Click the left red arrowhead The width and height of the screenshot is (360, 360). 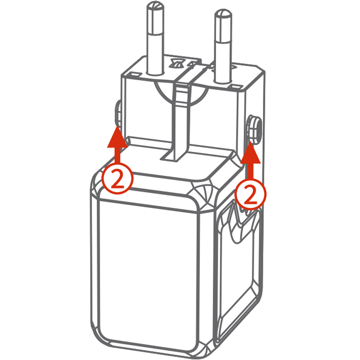pyautogui.click(x=117, y=137)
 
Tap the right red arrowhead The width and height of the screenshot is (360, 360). pyautogui.click(x=250, y=152)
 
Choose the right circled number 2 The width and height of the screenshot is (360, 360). pyautogui.click(x=250, y=194)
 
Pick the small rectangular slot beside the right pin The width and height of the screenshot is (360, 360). pyautogui.click(x=235, y=87)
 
